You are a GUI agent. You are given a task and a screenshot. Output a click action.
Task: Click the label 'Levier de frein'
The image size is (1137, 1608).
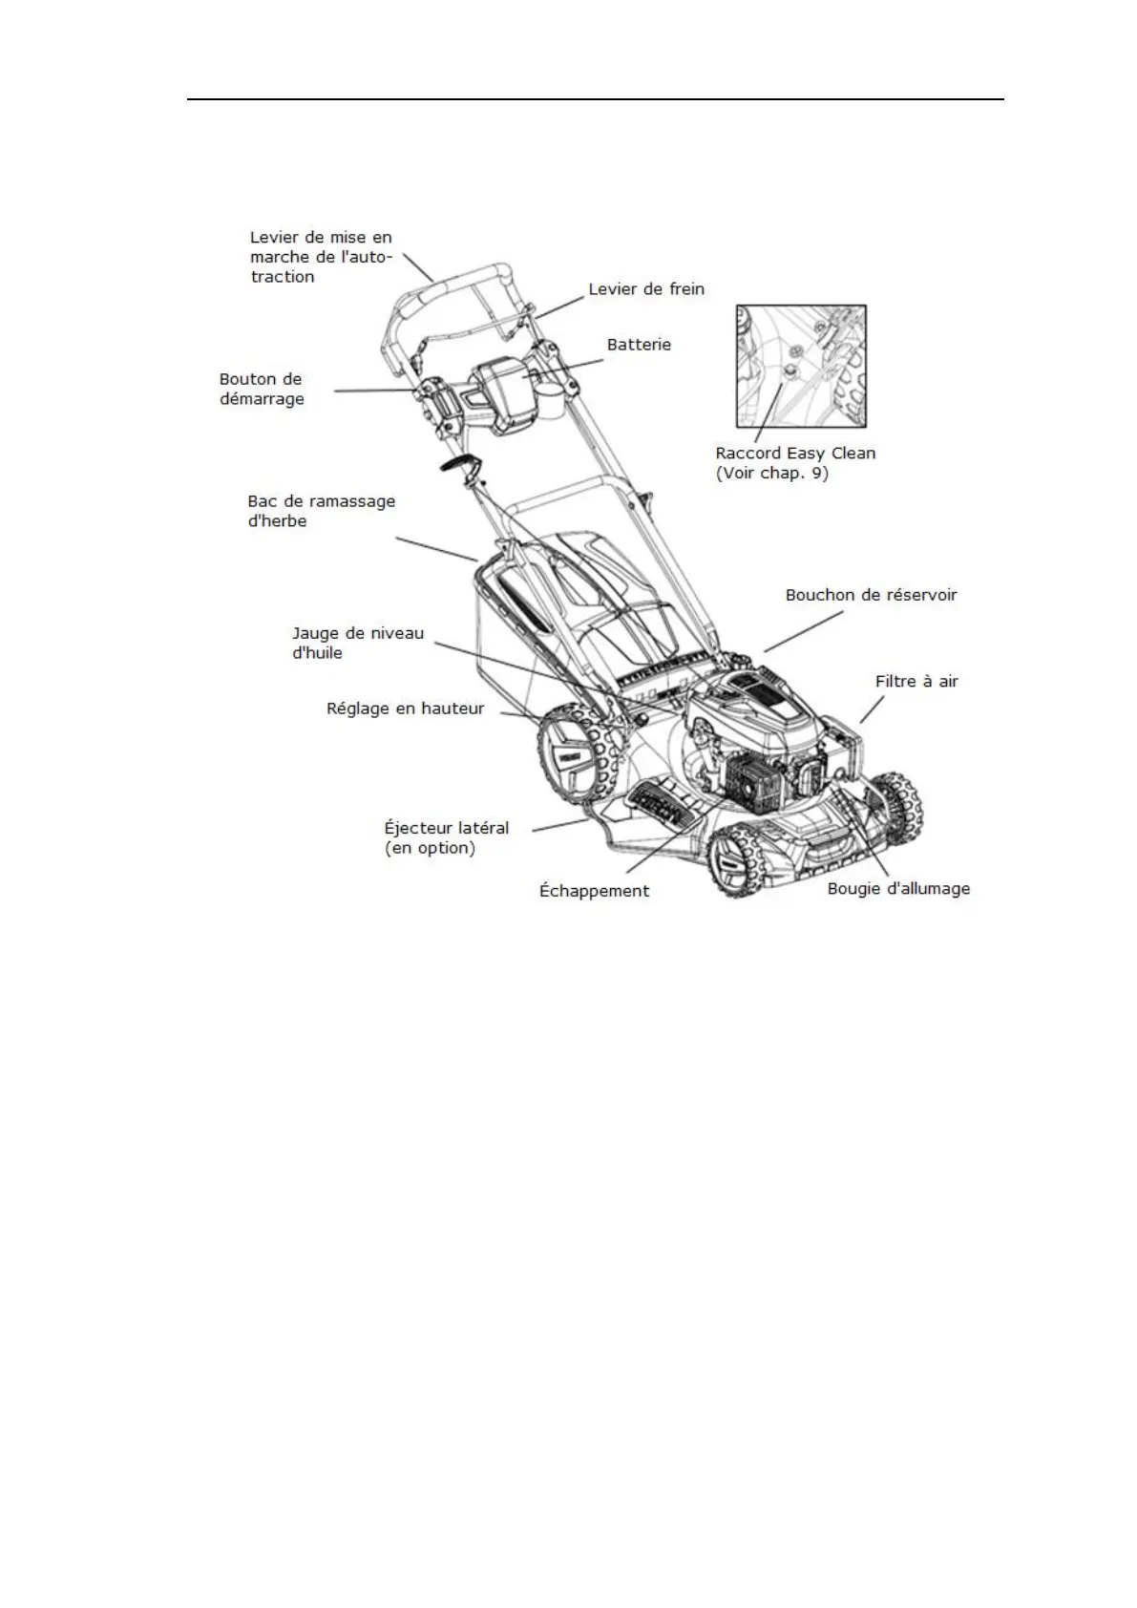click(x=646, y=289)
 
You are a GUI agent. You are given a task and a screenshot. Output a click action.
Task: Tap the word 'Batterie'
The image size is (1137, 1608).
click(x=639, y=345)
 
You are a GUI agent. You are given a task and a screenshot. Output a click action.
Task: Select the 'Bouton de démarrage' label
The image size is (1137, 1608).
click(x=262, y=389)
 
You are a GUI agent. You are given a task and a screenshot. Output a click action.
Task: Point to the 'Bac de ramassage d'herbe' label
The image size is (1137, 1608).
click(x=321, y=511)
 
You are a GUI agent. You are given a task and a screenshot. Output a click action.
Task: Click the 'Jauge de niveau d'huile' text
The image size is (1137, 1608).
click(x=358, y=643)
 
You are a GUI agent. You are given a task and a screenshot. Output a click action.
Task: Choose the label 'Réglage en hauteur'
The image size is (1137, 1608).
click(x=406, y=709)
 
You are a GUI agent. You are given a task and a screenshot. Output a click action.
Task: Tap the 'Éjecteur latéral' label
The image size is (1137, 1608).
click(x=447, y=828)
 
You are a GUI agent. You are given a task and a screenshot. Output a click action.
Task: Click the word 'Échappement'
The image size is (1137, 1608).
click(x=594, y=891)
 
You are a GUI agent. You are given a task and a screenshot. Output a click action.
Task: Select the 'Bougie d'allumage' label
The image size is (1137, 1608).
click(x=898, y=889)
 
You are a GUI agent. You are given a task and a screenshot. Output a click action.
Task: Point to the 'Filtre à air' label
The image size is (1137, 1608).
click(x=916, y=682)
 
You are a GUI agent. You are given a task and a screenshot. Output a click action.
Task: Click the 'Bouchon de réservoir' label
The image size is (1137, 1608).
click(x=871, y=595)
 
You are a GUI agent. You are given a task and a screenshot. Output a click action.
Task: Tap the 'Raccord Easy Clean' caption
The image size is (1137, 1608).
click(x=795, y=454)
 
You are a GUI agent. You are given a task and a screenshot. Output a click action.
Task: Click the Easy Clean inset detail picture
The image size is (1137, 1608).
click(x=801, y=366)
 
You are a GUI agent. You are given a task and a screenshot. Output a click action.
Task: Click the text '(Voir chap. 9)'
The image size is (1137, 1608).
click(x=772, y=474)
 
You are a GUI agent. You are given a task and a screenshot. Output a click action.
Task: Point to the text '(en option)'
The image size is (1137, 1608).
click(x=430, y=848)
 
